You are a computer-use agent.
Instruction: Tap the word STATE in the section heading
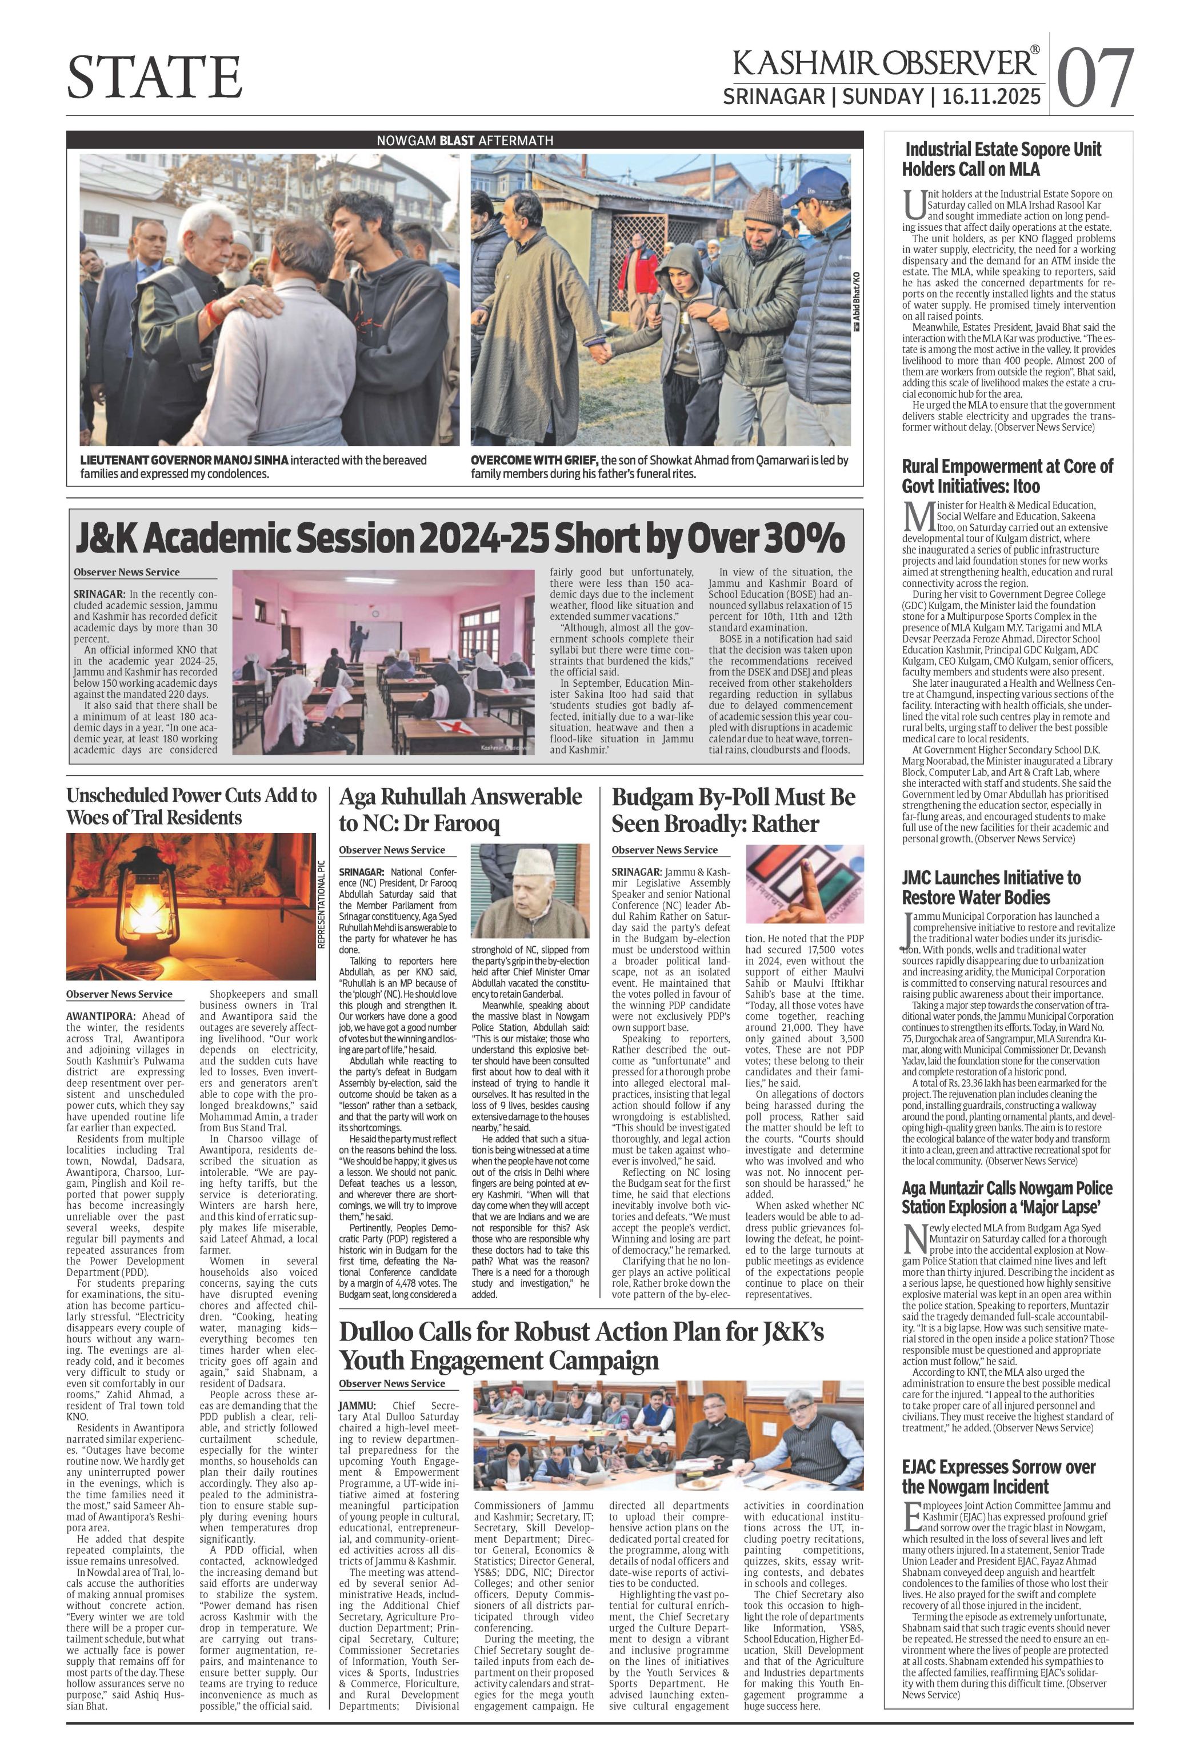tap(155, 77)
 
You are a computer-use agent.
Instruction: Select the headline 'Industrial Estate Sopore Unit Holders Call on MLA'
tap(1001, 159)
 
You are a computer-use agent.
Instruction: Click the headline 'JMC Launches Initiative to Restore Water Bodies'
tap(990, 887)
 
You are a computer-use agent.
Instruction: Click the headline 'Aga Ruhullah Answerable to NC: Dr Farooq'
tap(460, 809)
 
